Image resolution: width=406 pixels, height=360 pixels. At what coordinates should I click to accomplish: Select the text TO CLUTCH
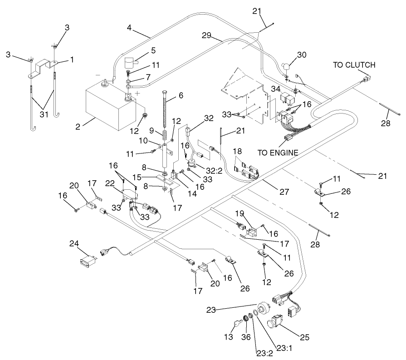(354, 65)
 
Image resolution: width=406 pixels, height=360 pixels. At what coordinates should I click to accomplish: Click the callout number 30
(302, 54)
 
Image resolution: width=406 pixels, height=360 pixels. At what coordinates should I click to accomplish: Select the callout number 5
(153, 50)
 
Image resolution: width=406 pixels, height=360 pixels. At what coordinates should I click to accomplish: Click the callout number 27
(284, 192)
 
